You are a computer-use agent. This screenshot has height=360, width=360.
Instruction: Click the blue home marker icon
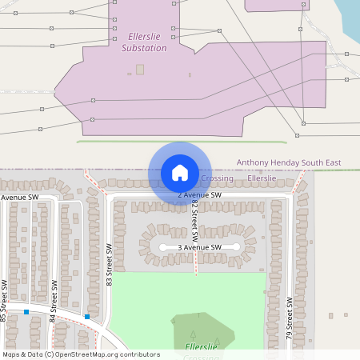180,173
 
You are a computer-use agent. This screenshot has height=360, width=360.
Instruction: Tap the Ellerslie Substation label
144,42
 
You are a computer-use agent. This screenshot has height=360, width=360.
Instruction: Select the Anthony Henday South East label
288,162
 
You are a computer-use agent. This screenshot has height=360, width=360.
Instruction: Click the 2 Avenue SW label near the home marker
200,194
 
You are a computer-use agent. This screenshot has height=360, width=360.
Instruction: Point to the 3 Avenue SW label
199,248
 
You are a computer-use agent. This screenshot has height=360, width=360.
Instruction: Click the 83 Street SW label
110,265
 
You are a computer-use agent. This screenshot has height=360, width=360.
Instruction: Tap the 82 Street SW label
194,218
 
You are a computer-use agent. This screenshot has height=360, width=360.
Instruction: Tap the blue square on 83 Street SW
87,317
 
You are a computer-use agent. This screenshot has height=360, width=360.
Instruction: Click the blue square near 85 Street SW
26,312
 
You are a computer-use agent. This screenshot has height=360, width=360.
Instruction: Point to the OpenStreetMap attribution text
81,354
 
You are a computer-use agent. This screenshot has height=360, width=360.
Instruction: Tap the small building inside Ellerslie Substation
140,70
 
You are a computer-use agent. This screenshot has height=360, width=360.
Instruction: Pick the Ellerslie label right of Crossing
262,178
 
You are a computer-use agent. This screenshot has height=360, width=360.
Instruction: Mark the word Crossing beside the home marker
217,178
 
